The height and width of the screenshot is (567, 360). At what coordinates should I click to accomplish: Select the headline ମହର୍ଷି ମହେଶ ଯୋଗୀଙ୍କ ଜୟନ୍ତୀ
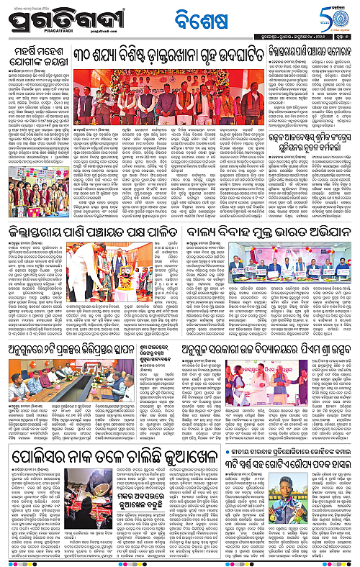pyautogui.click(x=50, y=58)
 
